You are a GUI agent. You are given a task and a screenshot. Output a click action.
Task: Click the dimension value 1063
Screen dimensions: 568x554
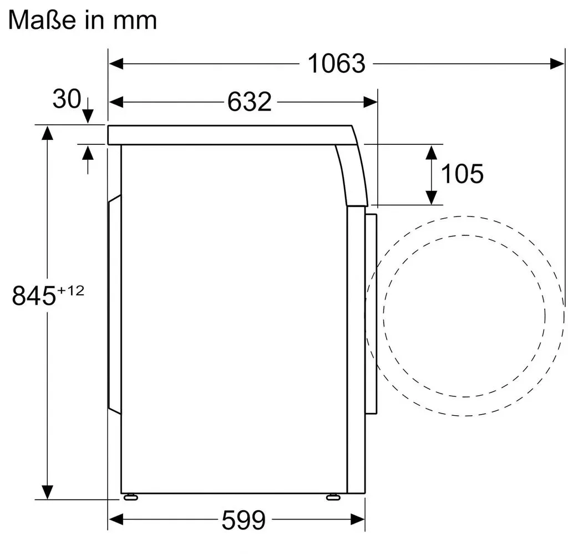click(336, 64)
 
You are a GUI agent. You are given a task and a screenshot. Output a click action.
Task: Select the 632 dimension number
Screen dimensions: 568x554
click(249, 102)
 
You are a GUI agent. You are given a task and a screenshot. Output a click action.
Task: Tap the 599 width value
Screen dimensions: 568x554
click(244, 520)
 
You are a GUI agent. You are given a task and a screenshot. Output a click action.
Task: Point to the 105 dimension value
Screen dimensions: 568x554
click(462, 174)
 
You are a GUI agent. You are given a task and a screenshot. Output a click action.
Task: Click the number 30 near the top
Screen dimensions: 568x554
click(67, 98)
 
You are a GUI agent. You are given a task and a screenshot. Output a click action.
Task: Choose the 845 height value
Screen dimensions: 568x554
click(34, 295)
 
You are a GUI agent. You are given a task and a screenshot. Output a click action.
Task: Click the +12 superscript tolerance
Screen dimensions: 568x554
click(70, 290)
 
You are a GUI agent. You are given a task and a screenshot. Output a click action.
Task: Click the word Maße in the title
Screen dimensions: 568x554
click(42, 20)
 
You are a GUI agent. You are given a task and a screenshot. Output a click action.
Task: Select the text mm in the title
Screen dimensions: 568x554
click(135, 22)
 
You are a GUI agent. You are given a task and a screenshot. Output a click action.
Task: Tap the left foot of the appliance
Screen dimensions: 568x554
click(131, 497)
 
